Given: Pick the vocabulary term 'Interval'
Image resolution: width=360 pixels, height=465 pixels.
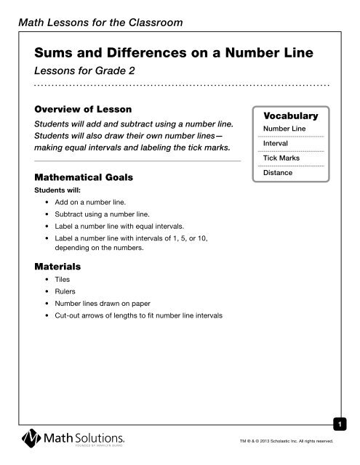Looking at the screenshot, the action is point(276,145).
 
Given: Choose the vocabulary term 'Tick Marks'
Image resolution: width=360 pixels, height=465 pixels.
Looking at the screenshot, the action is point(281,158).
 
